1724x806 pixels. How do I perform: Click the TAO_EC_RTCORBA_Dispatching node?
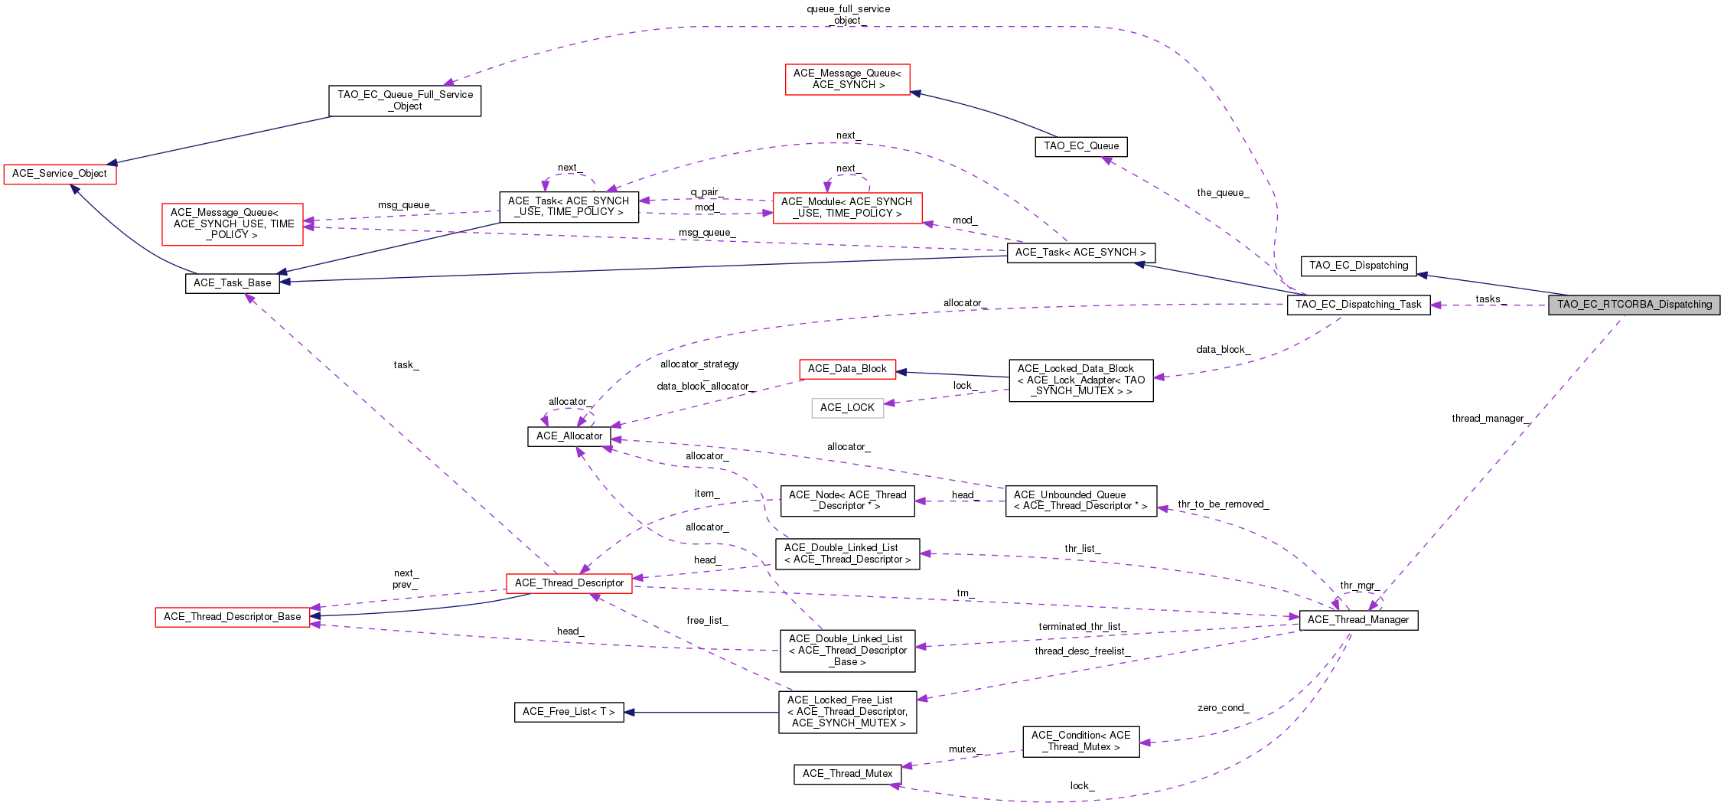pyautogui.click(x=1634, y=305)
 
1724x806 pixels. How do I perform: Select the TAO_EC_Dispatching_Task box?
pyautogui.click(x=1358, y=305)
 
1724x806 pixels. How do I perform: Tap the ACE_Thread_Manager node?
pyautogui.click(x=1358, y=620)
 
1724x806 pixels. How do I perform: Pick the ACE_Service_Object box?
pyautogui.click(x=60, y=174)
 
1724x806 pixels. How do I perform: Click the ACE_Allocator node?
pyautogui.click(x=569, y=436)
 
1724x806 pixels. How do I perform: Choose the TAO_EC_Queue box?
pyautogui.click(x=1081, y=146)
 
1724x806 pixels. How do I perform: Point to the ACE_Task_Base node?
pyautogui.click(x=233, y=283)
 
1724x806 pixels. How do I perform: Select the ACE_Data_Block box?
pyautogui.click(x=847, y=369)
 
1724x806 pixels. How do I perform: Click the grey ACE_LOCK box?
pyautogui.click(x=847, y=408)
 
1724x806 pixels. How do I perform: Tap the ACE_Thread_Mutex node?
pyautogui.click(x=847, y=774)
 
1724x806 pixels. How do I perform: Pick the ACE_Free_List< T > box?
pyautogui.click(x=569, y=712)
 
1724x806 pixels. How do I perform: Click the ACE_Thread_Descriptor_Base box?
pyautogui.click(x=233, y=617)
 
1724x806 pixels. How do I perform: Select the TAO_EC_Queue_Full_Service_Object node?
pyautogui.click(x=405, y=100)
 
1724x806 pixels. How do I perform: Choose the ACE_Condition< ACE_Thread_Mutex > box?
pyautogui.click(x=1081, y=741)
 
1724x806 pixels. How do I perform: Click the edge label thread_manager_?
pyautogui.click(x=1491, y=419)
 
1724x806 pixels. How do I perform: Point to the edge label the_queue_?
pyautogui.click(x=1223, y=193)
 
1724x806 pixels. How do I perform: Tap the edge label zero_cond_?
pyautogui.click(x=1224, y=708)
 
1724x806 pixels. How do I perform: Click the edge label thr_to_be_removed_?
pyautogui.click(x=1224, y=504)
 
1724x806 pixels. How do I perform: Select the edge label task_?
pyautogui.click(x=406, y=365)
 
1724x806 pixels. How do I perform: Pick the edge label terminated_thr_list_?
pyautogui.click(x=1083, y=627)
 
